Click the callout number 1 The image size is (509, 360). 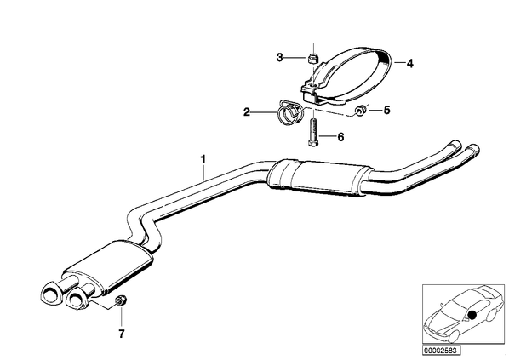coord(203,160)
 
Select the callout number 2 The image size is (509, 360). coord(247,112)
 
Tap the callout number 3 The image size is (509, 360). coord(279,58)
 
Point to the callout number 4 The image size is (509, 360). coord(410,63)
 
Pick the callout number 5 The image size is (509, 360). coord(386,110)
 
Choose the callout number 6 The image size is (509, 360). coord(340,137)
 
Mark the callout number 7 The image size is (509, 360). coord(122,334)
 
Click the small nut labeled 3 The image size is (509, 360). coord(312,59)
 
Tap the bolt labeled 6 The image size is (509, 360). coord(312,134)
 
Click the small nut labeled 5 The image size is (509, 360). coord(360,111)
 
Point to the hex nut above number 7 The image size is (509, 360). coord(121,301)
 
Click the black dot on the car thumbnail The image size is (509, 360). coord(472,315)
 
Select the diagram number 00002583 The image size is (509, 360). coord(441,351)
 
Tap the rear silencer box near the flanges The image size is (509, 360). coord(108,268)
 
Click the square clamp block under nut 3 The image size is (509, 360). coord(310,91)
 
